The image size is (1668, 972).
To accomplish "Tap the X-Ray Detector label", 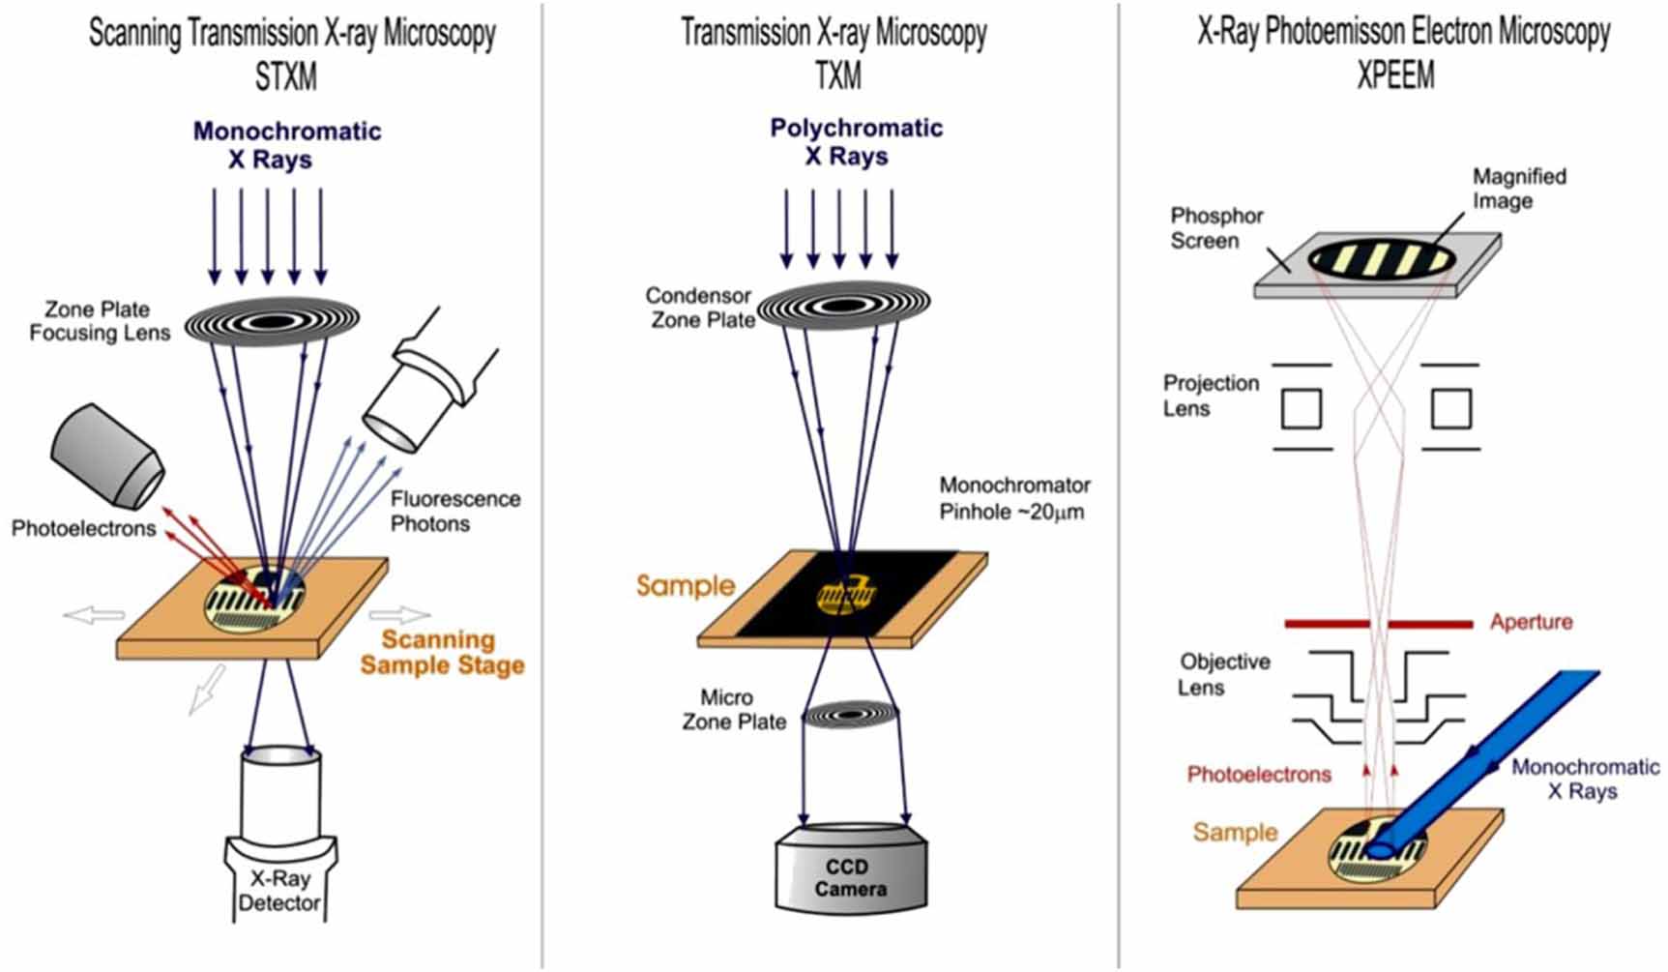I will coord(279,892).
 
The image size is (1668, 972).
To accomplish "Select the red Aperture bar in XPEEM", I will coord(1378,624).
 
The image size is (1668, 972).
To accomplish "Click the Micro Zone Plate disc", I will coord(851,715).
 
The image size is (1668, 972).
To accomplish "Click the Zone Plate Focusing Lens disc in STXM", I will coord(272,319).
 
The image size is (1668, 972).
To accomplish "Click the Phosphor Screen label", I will coord(1215,228).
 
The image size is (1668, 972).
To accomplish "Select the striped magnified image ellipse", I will coord(1381,258).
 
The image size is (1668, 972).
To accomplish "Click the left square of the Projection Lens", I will coord(1301,408).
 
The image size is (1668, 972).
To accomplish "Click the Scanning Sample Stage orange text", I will coord(442,652).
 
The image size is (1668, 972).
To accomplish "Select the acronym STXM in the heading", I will coord(285,77).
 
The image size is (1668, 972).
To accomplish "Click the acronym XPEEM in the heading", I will coord(1395,75).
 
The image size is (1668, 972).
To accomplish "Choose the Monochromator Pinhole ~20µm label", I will coord(1013,498).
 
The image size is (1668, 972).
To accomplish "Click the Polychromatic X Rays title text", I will coord(856,141).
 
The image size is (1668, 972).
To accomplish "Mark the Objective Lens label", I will coord(1223,674).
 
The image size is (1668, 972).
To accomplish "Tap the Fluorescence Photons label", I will coord(454,511).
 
